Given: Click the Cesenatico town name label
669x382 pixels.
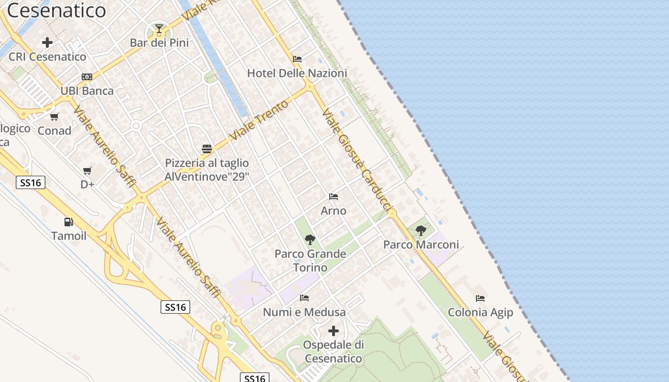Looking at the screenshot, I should pos(56,11).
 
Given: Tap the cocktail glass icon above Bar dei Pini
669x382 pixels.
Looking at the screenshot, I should pos(159,29).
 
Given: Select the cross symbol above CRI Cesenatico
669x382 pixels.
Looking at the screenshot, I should pos(47,42).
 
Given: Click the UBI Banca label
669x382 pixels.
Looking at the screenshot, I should pos(87,91).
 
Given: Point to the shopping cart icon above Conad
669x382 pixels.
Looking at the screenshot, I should pos(54,117).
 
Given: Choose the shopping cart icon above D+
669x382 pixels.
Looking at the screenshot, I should pos(87,170).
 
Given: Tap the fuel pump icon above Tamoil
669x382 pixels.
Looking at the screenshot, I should pos(69,222).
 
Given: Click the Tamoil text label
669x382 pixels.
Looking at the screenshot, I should pos(69,236).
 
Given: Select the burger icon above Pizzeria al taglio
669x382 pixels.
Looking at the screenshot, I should pos(207,149).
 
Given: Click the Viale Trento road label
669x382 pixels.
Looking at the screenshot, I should pos(259,120).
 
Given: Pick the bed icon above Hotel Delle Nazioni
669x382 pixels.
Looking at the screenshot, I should pos(297,59).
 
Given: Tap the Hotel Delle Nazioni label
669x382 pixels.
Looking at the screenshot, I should pos(297,73).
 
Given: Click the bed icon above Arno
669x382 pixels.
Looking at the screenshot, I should pos(334,197).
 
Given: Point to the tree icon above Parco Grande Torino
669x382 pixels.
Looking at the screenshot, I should pos(310,240).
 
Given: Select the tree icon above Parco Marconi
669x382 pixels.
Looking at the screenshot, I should pos(421,231).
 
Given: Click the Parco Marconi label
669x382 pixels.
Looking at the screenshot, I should pos(421,244).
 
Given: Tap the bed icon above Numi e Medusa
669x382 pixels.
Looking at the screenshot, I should pos(304,298).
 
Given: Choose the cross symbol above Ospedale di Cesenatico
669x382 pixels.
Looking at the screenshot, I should pos(334,330).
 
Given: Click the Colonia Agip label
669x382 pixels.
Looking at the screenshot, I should pos(480,312).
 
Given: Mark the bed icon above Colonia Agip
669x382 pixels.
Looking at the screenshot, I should pos(480,298).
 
